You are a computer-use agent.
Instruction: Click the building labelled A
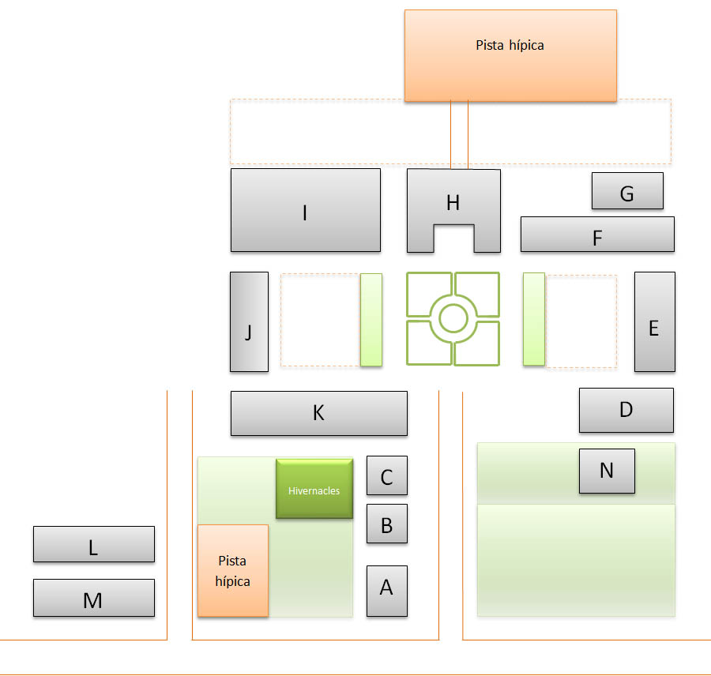[386, 590]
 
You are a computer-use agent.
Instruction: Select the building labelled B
[386, 524]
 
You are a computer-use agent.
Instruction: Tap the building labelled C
[386, 475]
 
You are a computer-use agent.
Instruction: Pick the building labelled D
[626, 410]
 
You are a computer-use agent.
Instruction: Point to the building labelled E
[654, 321]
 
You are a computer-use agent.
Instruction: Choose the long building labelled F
[596, 235]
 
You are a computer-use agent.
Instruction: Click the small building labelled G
[627, 191]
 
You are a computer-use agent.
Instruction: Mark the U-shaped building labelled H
[453, 197]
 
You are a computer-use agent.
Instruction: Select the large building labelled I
[305, 210]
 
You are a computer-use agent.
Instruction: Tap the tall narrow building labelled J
[249, 321]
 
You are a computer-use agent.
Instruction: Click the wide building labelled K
[318, 413]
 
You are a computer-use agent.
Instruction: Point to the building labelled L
[93, 544]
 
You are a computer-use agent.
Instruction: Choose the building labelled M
[93, 598]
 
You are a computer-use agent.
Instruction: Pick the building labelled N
[607, 471]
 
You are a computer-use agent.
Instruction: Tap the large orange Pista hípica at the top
[510, 55]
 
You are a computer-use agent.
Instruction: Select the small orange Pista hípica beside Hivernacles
[232, 570]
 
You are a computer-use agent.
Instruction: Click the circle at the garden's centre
[453, 318]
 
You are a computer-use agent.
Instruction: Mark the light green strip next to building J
[371, 319]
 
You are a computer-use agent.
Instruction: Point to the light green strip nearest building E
[534, 319]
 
